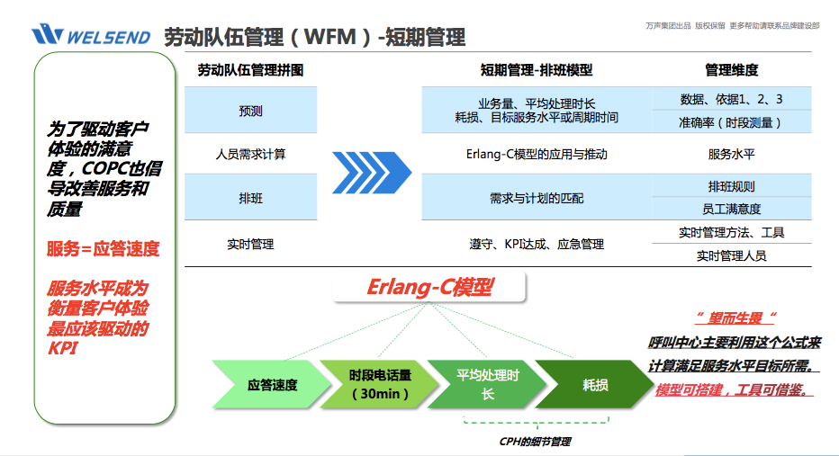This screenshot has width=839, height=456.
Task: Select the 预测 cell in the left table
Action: click(250, 111)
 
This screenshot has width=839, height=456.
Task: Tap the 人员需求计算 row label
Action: click(250, 155)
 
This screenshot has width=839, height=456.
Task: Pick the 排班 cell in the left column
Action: click(250, 197)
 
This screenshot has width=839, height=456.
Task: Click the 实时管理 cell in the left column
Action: click(250, 244)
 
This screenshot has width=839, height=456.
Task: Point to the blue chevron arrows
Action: click(371, 167)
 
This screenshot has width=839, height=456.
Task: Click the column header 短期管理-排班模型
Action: click(537, 70)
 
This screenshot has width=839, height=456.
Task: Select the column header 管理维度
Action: click(731, 70)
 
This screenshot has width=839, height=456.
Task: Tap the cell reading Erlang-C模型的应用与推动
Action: click(537, 155)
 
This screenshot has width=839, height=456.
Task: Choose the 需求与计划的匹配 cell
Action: click(537, 197)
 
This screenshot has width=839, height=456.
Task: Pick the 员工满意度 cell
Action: click(731, 209)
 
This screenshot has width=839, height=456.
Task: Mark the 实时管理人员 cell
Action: click(731, 255)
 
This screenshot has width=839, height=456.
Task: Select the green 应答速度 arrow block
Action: click(272, 385)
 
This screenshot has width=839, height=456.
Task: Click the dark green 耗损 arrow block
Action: click(594, 385)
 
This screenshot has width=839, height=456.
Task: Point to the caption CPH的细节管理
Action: click(535, 442)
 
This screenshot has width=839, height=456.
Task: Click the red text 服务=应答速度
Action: click(103, 249)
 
